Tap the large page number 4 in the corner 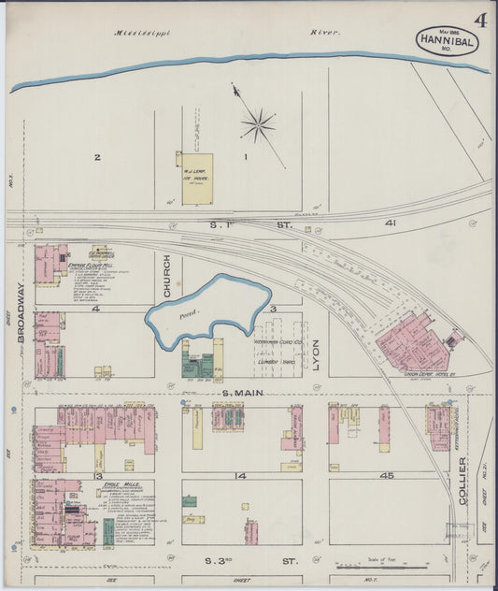[479, 20]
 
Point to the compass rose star [257, 123]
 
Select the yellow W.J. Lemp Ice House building [197, 178]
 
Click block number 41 [391, 223]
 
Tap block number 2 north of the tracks [96, 157]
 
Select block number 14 [241, 475]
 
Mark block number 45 [386, 475]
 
